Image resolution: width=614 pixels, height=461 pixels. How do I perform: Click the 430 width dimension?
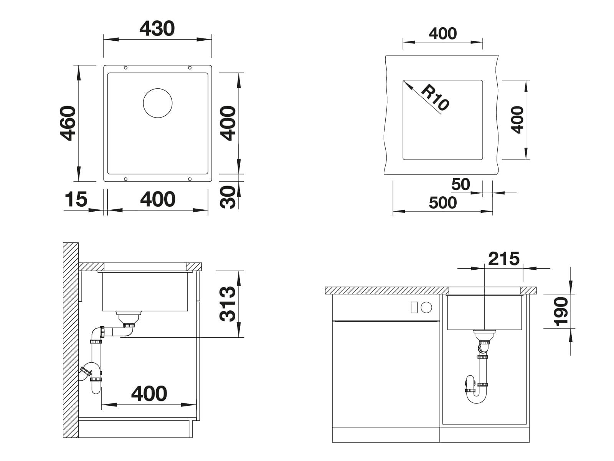(157, 28)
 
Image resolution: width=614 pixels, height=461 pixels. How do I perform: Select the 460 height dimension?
(68, 123)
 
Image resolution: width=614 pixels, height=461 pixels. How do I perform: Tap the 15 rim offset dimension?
(76, 199)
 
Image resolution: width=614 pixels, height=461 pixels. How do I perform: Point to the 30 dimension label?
(228, 197)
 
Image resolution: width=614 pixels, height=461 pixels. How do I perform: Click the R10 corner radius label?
(435, 97)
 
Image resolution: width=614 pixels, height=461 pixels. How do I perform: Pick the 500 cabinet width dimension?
(442, 203)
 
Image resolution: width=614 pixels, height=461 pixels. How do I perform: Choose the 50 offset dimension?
(460, 184)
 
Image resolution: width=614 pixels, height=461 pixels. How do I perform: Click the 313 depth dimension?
(228, 304)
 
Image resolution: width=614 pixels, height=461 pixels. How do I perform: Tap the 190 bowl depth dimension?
(561, 312)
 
